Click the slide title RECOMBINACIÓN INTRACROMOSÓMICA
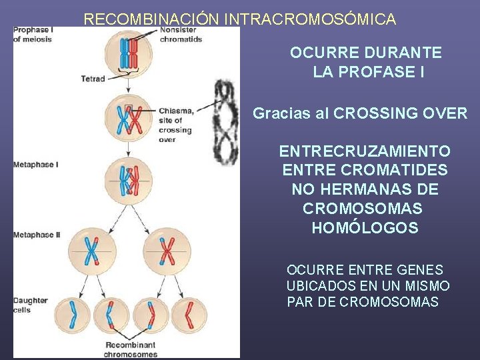pyautogui.click(x=239, y=19)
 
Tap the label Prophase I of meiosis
pyautogui.click(x=33, y=35)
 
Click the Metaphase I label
pyautogui.click(x=35, y=164)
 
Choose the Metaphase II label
pyautogui.click(x=37, y=235)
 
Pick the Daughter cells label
pyautogui.click(x=31, y=305)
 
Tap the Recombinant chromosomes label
pyautogui.click(x=130, y=349)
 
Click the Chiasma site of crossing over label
pyautogui.click(x=175, y=125)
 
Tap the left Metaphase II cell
pyautogui.click(x=90, y=251)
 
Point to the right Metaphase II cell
pyautogui.click(x=167, y=251)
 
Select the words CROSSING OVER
pyautogui.click(x=400, y=113)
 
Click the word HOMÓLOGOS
pyautogui.click(x=365, y=228)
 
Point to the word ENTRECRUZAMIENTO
pyautogui.click(x=365, y=151)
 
